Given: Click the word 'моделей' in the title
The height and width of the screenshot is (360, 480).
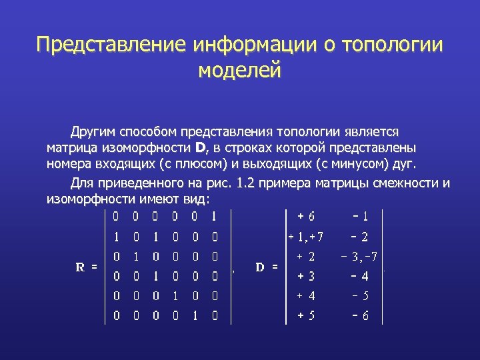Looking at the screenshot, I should point(240,69).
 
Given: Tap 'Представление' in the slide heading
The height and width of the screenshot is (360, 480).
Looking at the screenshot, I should point(110,45).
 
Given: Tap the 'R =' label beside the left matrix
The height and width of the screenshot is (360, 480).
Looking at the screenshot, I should point(86,267).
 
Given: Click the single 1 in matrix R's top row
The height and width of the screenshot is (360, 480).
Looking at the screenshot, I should point(214,216).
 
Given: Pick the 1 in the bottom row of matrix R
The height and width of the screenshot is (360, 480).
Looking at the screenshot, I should point(195,316).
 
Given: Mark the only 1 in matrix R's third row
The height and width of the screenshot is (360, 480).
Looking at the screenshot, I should point(135,256).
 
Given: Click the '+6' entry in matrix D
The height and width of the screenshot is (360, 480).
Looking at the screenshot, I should point(307,216).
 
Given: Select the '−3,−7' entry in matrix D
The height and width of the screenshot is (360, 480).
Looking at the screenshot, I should point(360,256).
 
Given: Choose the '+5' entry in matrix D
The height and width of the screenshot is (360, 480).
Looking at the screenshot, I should point(307,316).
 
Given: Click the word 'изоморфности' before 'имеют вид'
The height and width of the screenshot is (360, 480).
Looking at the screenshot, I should point(91,199).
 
